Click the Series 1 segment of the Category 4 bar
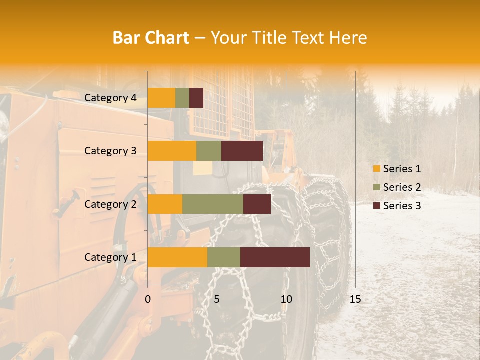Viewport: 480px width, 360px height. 161,98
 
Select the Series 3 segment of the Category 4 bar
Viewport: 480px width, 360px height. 196,98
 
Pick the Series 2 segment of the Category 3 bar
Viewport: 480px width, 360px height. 209,151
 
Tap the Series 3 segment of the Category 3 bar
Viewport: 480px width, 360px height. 242,151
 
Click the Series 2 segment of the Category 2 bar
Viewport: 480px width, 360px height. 213,204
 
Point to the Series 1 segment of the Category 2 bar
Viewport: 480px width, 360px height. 165,204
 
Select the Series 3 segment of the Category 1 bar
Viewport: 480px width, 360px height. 275,257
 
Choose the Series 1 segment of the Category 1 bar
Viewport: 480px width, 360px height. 177,257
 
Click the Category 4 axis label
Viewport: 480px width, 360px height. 110,98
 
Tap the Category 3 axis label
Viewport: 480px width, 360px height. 110,151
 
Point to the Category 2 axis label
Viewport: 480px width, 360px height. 110,204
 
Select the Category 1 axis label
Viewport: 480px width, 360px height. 110,257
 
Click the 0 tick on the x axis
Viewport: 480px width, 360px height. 148,299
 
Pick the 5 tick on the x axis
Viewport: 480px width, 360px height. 217,299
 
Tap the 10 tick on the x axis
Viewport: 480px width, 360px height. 286,299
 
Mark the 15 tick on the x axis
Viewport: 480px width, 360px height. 355,299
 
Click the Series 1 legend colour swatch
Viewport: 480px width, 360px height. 376,169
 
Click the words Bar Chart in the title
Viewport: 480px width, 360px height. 151,38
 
